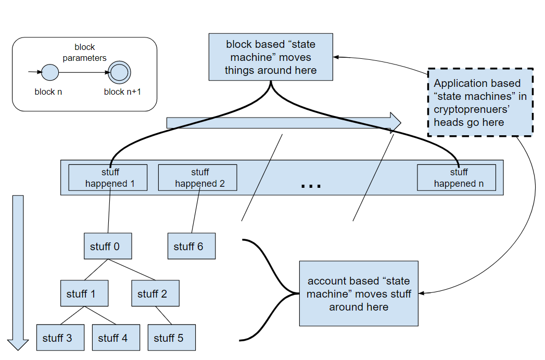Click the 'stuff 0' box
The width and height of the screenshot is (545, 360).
pyautogui.click(x=108, y=246)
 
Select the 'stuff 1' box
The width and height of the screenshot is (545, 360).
pyautogui.click(x=84, y=293)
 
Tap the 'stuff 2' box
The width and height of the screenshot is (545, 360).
pyautogui.click(x=155, y=293)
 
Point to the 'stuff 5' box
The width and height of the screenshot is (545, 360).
pyautogui.click(x=172, y=337)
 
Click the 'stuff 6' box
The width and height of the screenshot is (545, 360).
pyautogui.click(x=191, y=246)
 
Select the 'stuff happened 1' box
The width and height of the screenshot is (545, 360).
pyautogui.click(x=108, y=177)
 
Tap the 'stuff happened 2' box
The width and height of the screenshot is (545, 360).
pyautogui.click(x=197, y=177)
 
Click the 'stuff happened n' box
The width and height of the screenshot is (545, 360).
pyautogui.click(x=457, y=177)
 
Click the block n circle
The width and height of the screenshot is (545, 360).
pyautogui.click(x=50, y=72)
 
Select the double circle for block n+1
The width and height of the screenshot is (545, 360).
pyautogui.click(x=119, y=72)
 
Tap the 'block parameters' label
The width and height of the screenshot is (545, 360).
pyautogui.click(x=84, y=53)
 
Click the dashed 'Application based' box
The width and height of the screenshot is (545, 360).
pyautogui.click(x=480, y=102)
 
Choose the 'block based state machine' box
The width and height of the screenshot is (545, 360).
pyautogui.click(x=271, y=57)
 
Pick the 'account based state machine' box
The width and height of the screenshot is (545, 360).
pyautogui.click(x=359, y=293)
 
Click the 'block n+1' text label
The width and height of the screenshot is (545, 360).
pyautogui.click(x=122, y=92)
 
